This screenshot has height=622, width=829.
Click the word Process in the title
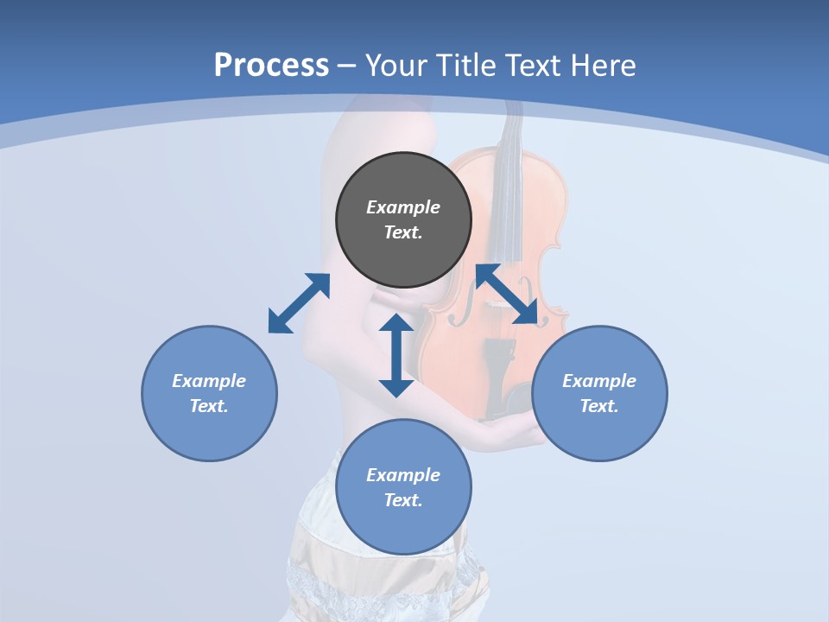point(271,65)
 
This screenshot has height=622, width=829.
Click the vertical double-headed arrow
point(396,355)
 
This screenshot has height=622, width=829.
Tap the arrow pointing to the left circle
point(299,303)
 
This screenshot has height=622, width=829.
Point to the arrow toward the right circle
point(507,294)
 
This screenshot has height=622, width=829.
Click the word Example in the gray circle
point(403,207)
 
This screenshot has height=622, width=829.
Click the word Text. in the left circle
point(209,406)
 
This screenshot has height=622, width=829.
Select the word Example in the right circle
point(599,381)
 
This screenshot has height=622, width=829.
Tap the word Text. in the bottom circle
point(403,500)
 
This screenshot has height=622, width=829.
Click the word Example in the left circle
point(209,381)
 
